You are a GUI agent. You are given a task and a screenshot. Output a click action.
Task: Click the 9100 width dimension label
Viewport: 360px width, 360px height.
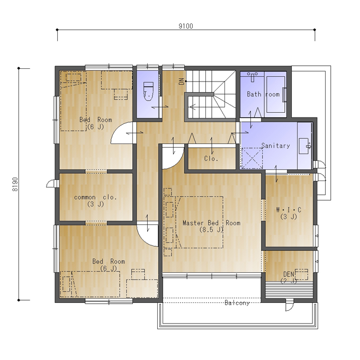click(x=186, y=26)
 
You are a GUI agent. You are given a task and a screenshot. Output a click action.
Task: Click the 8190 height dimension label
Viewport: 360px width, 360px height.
click(x=15, y=184)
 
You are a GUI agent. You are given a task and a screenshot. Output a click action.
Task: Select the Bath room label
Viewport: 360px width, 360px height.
click(x=263, y=94)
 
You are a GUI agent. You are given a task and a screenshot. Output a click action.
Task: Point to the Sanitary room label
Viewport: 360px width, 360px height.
click(x=275, y=146)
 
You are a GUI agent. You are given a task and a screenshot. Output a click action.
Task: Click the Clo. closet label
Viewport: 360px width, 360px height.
click(x=211, y=158)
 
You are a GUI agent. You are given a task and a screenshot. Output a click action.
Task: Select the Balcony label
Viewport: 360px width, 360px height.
click(x=237, y=303)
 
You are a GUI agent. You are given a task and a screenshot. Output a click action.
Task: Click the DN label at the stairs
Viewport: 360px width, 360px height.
click(x=182, y=82)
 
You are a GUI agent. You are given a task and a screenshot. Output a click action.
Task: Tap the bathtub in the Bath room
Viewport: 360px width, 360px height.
click(x=275, y=94)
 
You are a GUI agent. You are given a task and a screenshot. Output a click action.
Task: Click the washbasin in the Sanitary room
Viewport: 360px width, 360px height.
click(x=304, y=146)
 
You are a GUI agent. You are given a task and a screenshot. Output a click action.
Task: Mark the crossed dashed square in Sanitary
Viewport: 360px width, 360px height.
click(x=252, y=158)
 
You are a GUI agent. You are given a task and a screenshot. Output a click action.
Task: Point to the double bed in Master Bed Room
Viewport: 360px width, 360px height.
click(x=199, y=222)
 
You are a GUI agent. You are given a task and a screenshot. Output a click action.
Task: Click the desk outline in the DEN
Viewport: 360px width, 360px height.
click(x=301, y=274)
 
